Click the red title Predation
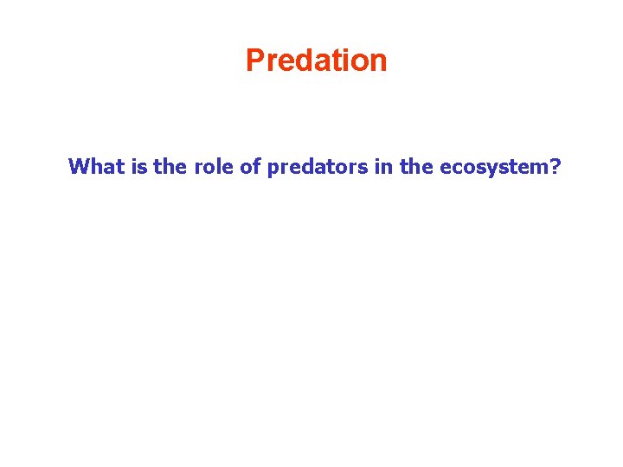coord(316,61)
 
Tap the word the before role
coord(169,166)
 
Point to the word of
coord(251,166)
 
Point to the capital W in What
coord(79,166)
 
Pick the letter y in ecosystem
coord(491,169)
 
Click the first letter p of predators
coord(273,168)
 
